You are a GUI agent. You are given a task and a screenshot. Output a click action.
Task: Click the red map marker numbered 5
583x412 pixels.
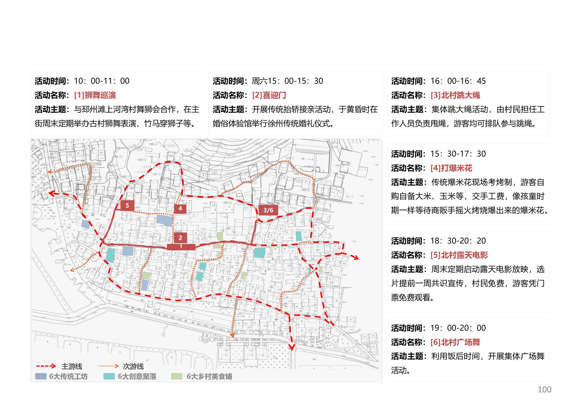point(127,206)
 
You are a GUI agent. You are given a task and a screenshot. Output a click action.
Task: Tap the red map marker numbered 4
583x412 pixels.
point(180,209)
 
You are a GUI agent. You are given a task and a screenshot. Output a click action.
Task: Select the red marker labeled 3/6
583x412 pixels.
point(268,210)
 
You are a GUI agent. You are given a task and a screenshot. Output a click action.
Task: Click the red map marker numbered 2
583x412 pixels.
point(180,238)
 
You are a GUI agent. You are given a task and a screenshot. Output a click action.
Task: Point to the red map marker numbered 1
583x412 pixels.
point(181,247)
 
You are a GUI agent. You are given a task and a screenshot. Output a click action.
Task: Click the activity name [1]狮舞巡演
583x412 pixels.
point(95,95)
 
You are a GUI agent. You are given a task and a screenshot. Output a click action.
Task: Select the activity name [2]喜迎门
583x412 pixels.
point(269,95)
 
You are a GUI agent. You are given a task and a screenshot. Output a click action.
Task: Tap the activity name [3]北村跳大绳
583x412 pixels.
point(455,95)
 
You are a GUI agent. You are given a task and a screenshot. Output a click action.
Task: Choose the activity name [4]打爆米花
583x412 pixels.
point(451,168)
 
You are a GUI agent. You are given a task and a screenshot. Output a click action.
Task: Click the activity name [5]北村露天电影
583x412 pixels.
point(459,255)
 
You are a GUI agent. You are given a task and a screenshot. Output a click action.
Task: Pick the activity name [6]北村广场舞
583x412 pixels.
point(455,342)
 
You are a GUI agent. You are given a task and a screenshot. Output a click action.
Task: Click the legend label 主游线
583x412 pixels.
point(72,366)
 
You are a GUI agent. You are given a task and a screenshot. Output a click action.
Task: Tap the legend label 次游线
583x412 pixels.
point(133,366)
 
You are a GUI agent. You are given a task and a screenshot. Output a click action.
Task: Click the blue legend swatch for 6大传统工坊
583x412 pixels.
point(41,376)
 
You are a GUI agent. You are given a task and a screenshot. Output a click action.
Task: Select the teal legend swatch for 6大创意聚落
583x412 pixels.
point(109,376)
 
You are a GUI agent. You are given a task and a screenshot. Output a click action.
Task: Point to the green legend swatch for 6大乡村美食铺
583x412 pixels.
point(177,376)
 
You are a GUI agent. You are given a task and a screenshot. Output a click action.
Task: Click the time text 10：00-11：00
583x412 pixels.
point(102,81)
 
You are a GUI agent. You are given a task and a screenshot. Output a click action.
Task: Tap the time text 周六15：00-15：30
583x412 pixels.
point(287,81)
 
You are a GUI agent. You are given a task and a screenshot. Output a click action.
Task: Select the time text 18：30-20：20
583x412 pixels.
point(458,241)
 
